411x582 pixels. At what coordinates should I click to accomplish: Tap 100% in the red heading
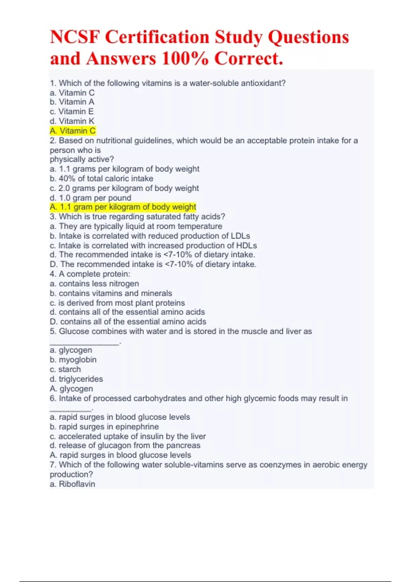185,58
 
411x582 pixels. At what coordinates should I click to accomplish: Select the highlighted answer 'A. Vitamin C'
73,131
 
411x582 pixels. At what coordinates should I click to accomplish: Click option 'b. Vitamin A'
72,102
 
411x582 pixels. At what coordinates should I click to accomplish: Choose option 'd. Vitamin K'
72,121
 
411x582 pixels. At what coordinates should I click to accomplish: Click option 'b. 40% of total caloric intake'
101,178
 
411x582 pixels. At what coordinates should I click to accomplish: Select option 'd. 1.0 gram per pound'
90,198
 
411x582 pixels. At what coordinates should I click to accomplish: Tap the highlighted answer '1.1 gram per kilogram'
123,207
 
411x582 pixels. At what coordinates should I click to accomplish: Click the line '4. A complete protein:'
90,274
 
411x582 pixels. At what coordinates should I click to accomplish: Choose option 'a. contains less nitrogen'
94,283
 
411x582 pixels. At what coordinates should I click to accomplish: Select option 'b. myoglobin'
73,360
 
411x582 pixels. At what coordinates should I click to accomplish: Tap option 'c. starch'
65,369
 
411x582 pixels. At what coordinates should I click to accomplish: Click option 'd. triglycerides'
76,379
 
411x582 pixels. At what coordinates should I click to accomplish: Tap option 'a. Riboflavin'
72,484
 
